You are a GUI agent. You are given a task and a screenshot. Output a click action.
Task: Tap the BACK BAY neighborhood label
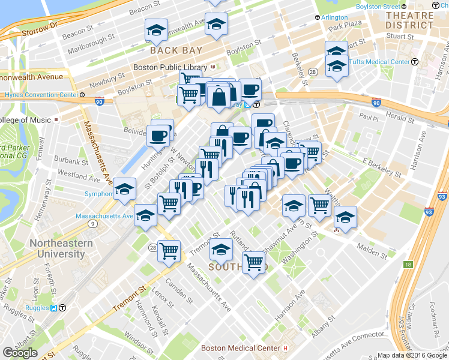click(176, 50)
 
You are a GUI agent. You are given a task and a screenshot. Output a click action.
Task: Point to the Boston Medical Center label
click(240, 348)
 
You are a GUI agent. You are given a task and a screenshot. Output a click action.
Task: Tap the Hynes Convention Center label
click(41, 95)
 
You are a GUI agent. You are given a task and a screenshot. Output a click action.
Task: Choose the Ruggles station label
click(37, 308)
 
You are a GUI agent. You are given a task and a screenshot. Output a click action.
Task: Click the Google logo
click(20, 353)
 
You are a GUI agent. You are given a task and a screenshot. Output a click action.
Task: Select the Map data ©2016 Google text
click(411, 355)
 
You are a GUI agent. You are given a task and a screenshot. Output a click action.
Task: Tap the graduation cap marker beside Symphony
click(125, 190)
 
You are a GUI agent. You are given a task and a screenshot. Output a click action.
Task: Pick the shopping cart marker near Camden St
click(169, 250)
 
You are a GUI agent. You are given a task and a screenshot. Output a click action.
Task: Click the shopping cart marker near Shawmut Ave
click(254, 262)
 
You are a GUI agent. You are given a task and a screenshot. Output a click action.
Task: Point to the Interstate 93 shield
click(442, 196)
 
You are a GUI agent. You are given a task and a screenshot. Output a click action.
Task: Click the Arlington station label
click(334, 17)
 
